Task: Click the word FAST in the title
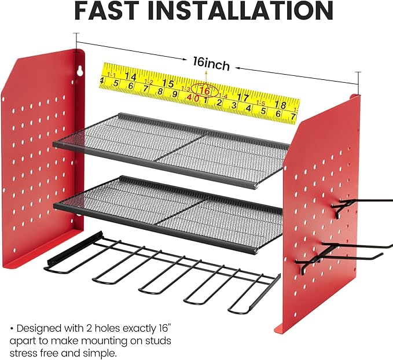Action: pyautogui.click(x=106, y=11)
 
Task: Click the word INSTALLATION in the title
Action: pyautogui.click(x=241, y=11)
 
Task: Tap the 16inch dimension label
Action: pyautogui.click(x=211, y=64)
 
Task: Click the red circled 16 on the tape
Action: pyautogui.click(x=205, y=90)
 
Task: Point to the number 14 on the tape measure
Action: pyautogui.click(x=130, y=76)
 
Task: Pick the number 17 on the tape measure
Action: pyautogui.click(x=243, y=97)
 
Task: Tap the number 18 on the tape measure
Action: pyautogui.click(x=281, y=105)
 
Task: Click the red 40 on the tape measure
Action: pyautogui.click(x=193, y=98)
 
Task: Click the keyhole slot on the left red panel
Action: pyautogui.click(x=80, y=71)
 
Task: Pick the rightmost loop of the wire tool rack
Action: pyautogui.click(x=253, y=293)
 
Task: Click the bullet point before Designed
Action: pyautogui.click(x=12, y=328)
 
